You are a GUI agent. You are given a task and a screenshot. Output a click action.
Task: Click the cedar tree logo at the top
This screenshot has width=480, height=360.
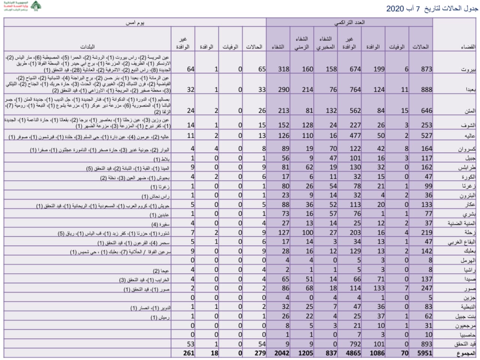tap(36, 6)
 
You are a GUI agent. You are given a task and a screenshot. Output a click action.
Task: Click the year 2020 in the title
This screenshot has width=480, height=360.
tap(395, 9)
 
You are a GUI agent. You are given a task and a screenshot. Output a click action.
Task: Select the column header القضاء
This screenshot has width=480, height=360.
tap(468, 47)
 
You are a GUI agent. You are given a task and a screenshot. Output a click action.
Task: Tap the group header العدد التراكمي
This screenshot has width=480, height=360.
tap(349, 22)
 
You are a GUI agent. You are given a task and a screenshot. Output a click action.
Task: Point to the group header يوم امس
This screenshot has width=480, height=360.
tap(135, 22)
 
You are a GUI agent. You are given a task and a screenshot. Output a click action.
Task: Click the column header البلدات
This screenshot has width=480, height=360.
tap(87, 47)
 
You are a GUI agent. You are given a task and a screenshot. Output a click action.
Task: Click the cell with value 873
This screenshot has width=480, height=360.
tap(426, 69)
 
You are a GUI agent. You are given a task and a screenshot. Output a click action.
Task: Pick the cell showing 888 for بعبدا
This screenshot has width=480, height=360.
tap(426, 90)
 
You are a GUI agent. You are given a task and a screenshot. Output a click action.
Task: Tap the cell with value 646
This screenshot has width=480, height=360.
tap(426, 111)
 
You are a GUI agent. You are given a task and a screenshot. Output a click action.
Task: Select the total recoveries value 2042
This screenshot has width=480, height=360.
tap(281, 353)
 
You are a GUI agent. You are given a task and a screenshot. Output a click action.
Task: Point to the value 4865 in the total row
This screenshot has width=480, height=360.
tap(353, 353)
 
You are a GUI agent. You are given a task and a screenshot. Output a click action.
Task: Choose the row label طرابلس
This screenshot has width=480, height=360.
tap(467, 168)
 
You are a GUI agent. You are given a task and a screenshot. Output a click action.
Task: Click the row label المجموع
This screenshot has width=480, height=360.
tap(466, 353)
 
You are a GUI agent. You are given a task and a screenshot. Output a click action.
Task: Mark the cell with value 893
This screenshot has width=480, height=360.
tap(426, 344)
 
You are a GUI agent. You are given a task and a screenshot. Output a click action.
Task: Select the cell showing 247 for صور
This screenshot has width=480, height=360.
tap(426, 288)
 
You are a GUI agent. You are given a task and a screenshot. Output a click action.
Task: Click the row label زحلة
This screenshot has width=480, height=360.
tap(469, 232)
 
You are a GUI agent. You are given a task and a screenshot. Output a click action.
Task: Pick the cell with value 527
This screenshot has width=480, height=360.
tap(426, 136)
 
